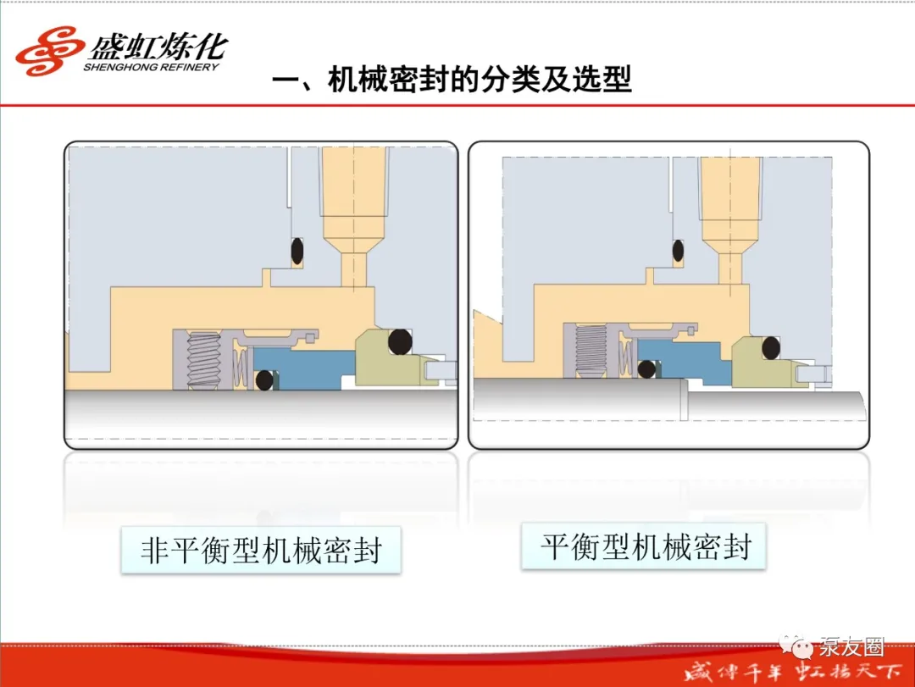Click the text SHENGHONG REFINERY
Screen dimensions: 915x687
pyautogui.click(x=151, y=67)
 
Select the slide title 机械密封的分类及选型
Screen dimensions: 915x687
pyautogui.click(x=480, y=79)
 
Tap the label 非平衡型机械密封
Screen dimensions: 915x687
pyautogui.click(x=261, y=550)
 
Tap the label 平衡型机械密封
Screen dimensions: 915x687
pyautogui.click(x=645, y=547)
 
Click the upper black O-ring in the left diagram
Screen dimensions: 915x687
pyautogui.click(x=297, y=251)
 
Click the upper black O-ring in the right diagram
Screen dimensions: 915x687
pyautogui.click(x=678, y=251)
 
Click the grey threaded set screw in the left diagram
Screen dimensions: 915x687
pyautogui.click(x=203, y=360)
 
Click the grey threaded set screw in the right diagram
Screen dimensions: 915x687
pyautogui.click(x=591, y=351)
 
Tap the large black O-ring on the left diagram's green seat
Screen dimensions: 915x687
pyautogui.click(x=400, y=341)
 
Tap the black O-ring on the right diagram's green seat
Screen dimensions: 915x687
pyautogui.click(x=770, y=348)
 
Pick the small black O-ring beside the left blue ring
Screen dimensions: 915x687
pyautogui.click(x=264, y=380)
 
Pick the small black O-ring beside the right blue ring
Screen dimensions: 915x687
pyautogui.click(x=646, y=368)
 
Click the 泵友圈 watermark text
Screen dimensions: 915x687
pyautogui.click(x=851, y=646)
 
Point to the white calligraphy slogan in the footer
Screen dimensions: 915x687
pyautogui.click(x=792, y=673)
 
